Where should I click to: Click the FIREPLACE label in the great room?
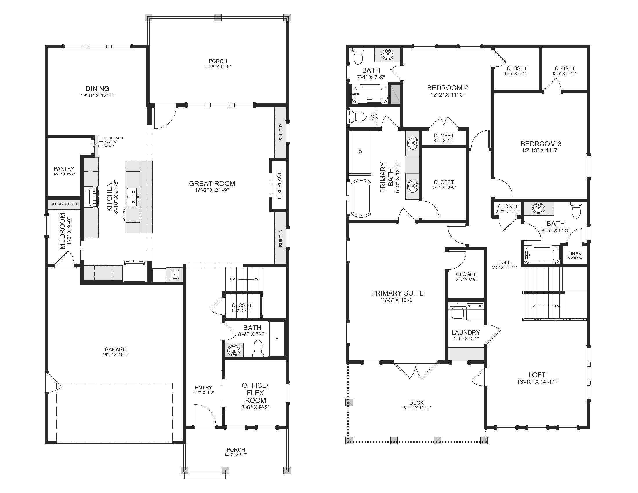pyautogui.click(x=279, y=185)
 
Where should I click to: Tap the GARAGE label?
pyautogui.click(x=115, y=349)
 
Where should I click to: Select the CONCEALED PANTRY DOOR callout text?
pyautogui.click(x=114, y=142)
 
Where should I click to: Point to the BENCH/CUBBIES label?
pyautogui.click(x=65, y=204)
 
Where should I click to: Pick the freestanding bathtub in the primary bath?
pyautogui.click(x=361, y=198)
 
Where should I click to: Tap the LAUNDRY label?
pyautogui.click(x=466, y=332)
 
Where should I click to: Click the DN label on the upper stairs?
pyautogui.click(x=534, y=306)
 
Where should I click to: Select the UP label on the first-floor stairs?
pyautogui.click(x=232, y=279)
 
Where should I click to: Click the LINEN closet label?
pyautogui.click(x=575, y=253)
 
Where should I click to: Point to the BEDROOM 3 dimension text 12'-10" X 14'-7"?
pyautogui.click(x=541, y=151)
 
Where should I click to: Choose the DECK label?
pyautogui.click(x=416, y=403)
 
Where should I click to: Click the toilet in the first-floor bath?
pyautogui.click(x=257, y=349)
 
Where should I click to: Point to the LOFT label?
pyautogui.click(x=537, y=375)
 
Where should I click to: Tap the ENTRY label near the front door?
pyautogui.click(x=203, y=388)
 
